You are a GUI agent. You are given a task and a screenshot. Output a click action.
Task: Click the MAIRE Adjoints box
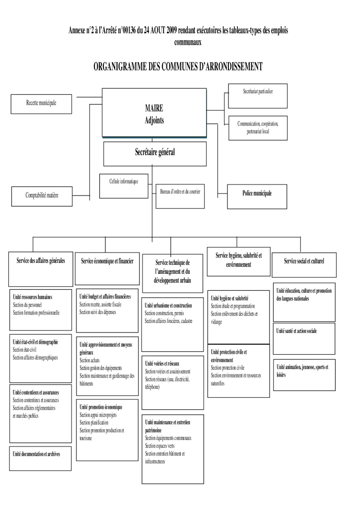[x=154, y=113]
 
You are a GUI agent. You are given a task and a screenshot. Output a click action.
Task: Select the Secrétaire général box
[x=155, y=153]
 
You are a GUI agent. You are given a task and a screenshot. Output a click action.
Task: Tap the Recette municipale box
[x=41, y=104]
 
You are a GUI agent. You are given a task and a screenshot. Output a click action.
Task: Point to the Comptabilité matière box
[x=42, y=196]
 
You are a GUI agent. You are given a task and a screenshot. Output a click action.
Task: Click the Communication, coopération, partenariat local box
[x=258, y=127]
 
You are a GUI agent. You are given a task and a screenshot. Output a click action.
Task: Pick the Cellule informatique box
[x=124, y=186]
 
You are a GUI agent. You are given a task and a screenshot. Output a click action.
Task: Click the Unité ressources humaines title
[x=33, y=297]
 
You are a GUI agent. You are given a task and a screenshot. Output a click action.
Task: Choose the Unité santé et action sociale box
[x=297, y=331]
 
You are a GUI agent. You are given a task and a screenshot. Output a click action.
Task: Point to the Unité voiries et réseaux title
[x=162, y=364]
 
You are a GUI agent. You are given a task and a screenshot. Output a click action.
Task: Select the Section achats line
[x=89, y=360]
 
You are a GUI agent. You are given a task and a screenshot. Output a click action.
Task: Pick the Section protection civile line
[x=227, y=368]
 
